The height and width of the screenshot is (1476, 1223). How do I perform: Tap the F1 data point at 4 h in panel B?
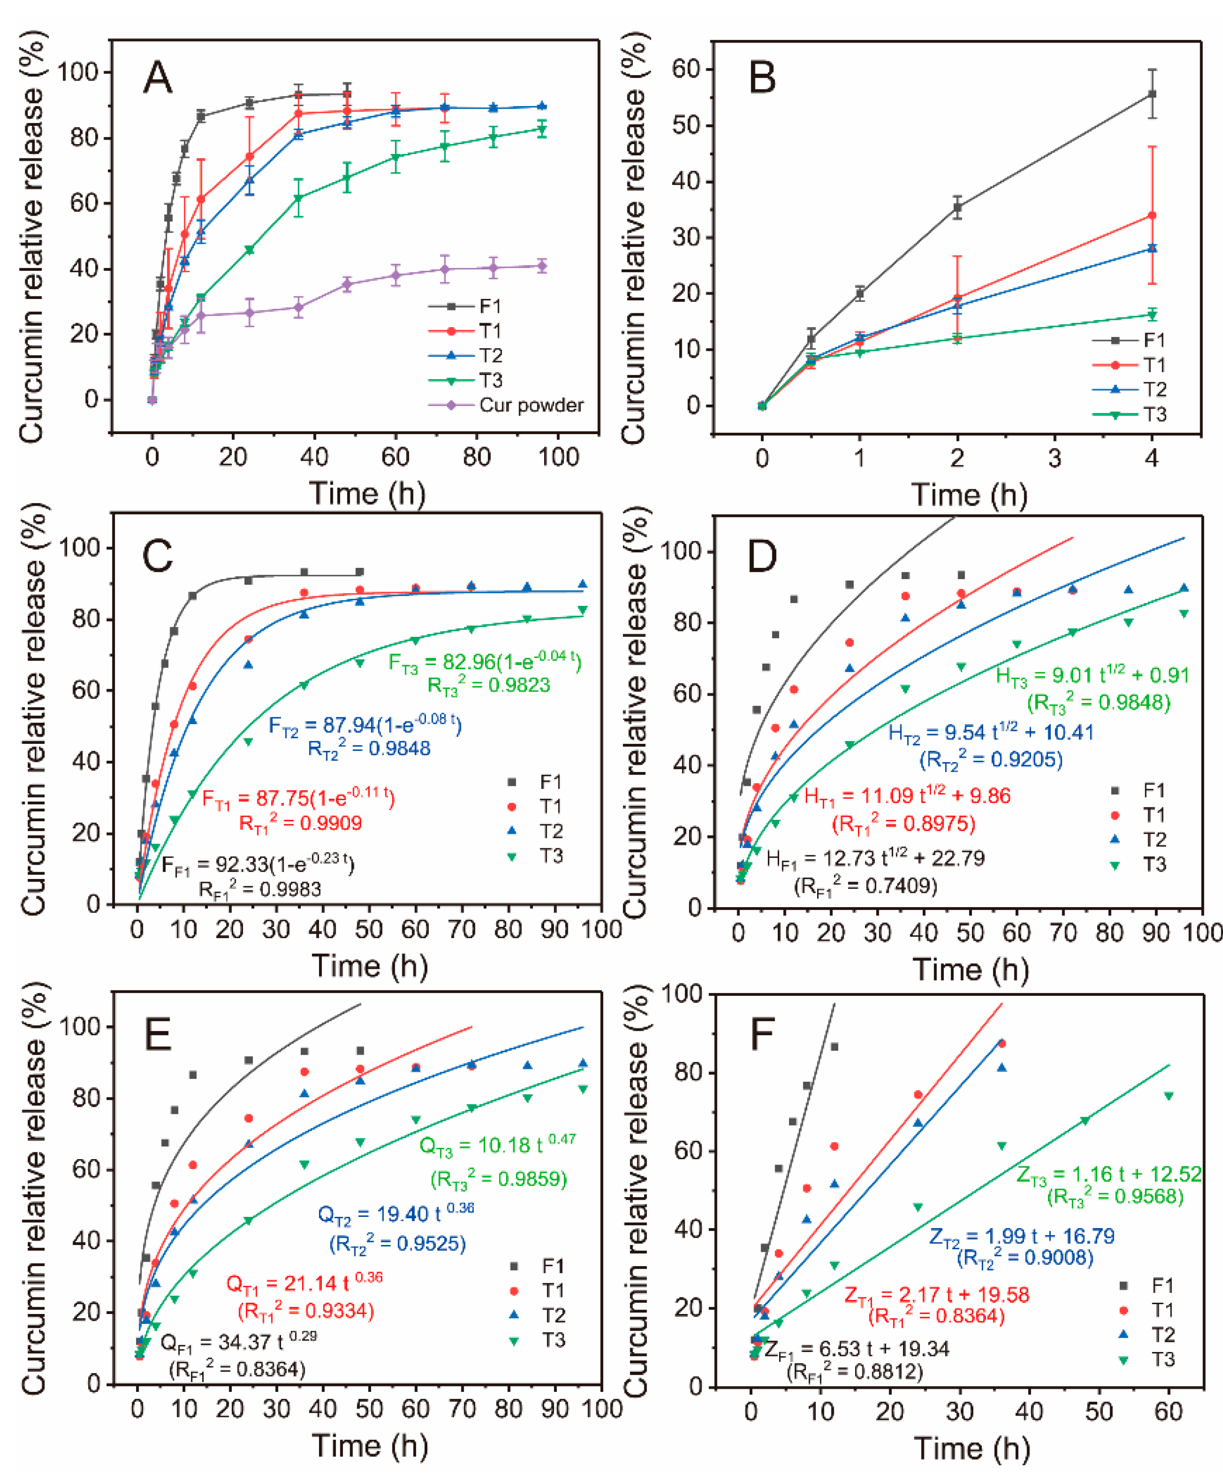[1151, 94]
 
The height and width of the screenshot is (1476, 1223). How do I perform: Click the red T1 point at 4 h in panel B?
[1151, 216]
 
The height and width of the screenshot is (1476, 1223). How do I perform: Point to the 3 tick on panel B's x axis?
[1054, 458]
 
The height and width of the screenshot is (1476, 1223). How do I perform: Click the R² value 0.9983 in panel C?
[260, 890]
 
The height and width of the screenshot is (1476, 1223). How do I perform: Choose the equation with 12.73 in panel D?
[875, 858]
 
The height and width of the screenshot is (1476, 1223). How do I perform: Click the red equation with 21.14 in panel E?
[304, 1284]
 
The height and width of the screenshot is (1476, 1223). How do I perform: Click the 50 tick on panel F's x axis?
[1099, 1409]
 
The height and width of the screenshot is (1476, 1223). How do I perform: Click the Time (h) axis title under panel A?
[367, 493]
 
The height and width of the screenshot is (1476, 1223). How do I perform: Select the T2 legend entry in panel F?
[1162, 1335]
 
